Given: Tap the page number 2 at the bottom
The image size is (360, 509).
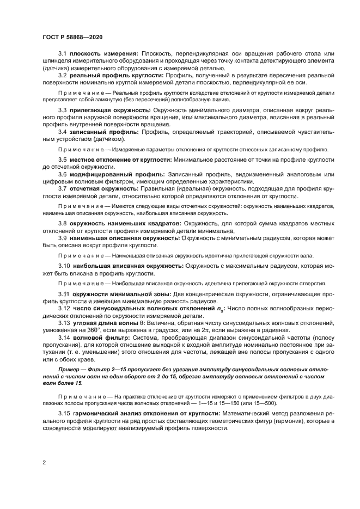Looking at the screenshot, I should tap(43, 462).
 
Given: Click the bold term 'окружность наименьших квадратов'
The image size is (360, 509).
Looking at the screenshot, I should tap(126, 223).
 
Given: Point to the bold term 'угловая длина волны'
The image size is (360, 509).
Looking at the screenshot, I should tap(108, 323).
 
